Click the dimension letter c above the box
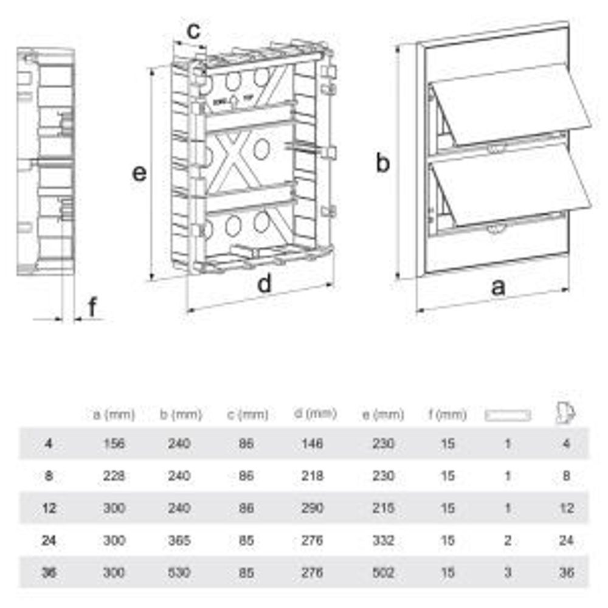(193, 30)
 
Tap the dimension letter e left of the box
(140, 173)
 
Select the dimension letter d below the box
(264, 284)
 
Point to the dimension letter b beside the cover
(382, 163)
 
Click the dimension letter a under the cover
(498, 287)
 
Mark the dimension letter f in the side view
(92, 308)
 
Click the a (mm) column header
(114, 415)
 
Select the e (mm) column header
(382, 415)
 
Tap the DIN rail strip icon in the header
(508, 415)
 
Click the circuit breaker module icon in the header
(565, 413)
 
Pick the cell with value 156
(114, 443)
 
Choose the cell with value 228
(114, 475)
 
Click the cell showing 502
(382, 572)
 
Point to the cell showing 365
(179, 540)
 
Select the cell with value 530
(179, 572)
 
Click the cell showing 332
(382, 540)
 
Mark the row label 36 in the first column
(49, 572)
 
